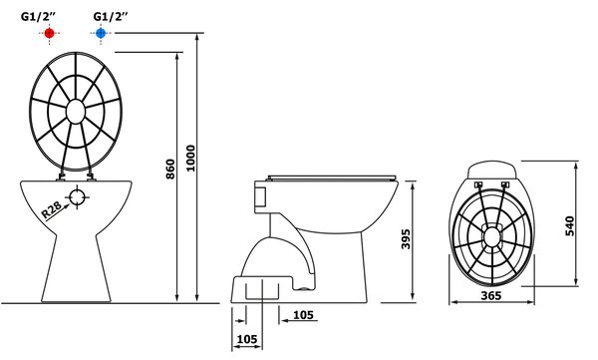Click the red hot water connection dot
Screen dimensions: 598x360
pyautogui.click(x=49, y=33)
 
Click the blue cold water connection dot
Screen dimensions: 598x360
pyautogui.click(x=101, y=33)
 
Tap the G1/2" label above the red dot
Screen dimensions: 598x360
pyautogui.click(x=39, y=17)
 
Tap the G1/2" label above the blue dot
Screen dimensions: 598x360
pyautogui.click(x=111, y=17)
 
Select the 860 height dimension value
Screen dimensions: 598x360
pyautogui.click(x=170, y=169)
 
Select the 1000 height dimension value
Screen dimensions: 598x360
pyautogui.click(x=190, y=158)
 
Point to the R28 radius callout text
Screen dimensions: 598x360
pyautogui.click(x=51, y=209)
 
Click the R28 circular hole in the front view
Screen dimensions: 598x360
pyautogui.click(x=78, y=197)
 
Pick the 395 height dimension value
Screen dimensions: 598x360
pyautogui.click(x=406, y=239)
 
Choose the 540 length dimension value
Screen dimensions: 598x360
pyautogui.click(x=569, y=226)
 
